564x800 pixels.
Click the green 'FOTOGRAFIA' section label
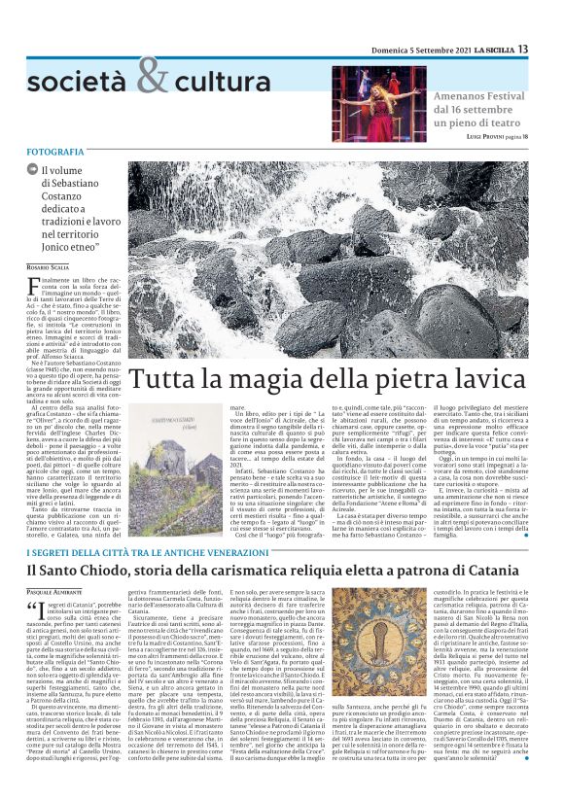[55, 154]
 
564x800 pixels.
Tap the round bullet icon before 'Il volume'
[32, 170]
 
